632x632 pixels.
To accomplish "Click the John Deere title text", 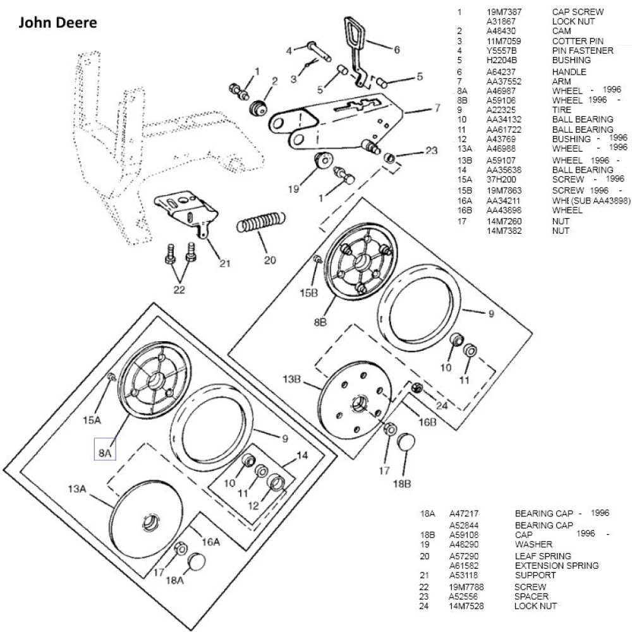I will pos(58,23).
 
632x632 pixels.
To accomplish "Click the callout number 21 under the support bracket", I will pos(224,264).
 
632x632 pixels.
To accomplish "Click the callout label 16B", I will pos(427,422).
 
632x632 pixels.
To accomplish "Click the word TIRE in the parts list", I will pos(561,110).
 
